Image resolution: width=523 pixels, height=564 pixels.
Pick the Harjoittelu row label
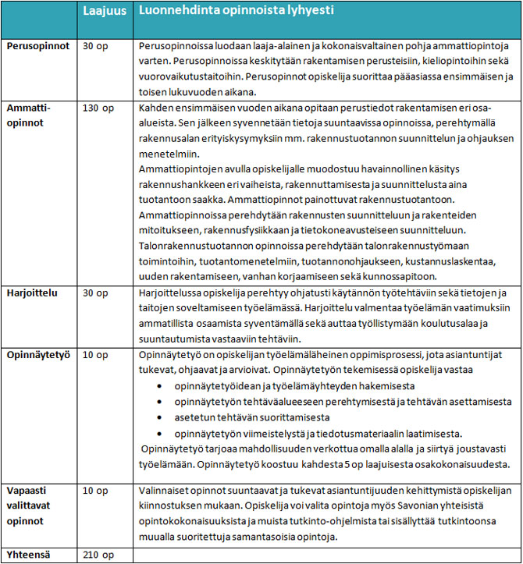31,292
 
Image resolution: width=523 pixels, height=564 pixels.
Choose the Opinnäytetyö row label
38,355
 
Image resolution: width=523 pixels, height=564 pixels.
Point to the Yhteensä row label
30,555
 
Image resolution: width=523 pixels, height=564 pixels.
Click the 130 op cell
101,107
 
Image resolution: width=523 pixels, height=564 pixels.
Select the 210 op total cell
101,555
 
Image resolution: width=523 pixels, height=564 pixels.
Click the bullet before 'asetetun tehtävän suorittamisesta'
159,418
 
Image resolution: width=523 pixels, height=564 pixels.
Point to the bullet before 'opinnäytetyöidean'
159,387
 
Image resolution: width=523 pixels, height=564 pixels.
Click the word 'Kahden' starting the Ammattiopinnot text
156,106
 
